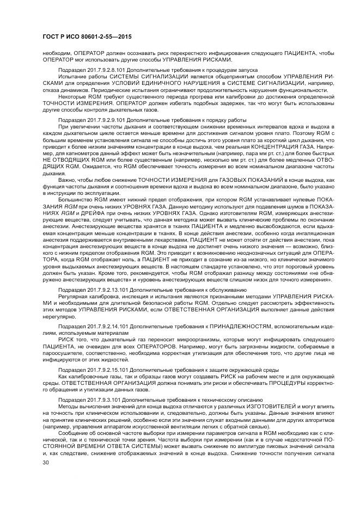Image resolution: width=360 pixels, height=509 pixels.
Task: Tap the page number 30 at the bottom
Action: [x=46, y=462]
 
